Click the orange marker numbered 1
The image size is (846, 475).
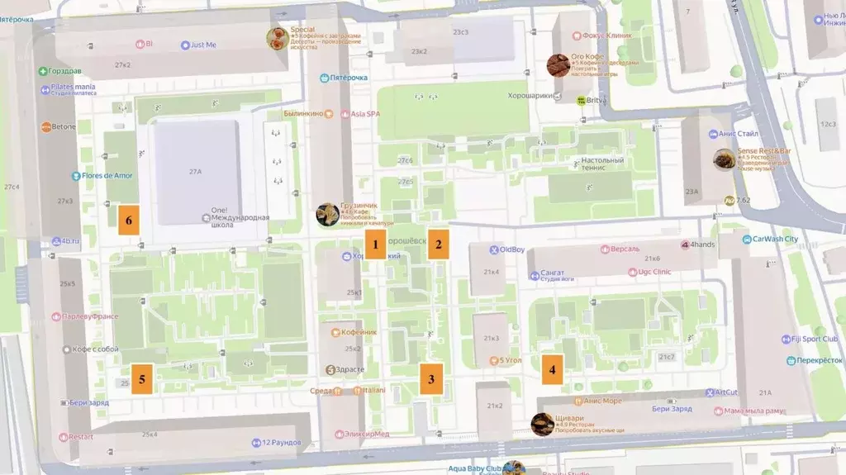[x=375, y=245]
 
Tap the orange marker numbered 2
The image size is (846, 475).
[x=439, y=245]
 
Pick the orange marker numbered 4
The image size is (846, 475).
[x=553, y=369]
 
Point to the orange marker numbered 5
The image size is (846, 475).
[x=142, y=379]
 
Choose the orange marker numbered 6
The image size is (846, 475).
[x=129, y=221]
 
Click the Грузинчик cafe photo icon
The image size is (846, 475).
[x=328, y=215]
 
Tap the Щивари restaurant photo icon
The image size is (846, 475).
[x=543, y=424]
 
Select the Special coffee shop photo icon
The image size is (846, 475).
[x=278, y=38]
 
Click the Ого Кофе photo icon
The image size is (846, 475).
[x=558, y=65]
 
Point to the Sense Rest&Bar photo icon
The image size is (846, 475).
[x=725, y=159]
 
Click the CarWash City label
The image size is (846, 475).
[x=774, y=240]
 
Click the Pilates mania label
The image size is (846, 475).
[x=73, y=87]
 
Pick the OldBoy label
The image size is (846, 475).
[x=511, y=249]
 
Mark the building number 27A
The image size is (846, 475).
[x=196, y=172]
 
